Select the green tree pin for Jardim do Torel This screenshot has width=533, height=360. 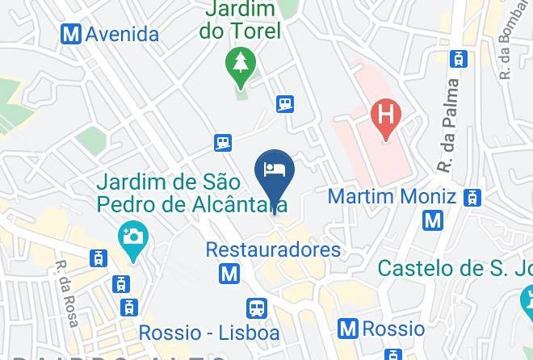click(241, 67)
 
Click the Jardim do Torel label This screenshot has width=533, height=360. click(242, 21)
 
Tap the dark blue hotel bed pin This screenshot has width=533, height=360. click(275, 171)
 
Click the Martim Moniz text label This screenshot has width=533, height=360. click(392, 196)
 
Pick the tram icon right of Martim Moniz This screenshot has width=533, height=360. click(473, 196)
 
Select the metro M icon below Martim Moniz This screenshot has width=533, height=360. click(434, 219)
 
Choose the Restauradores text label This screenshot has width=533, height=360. click(273, 249)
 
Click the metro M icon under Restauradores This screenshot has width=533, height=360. click(229, 274)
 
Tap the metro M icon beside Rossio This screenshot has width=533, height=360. click(349, 329)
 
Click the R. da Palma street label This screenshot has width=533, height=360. click(451, 125)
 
